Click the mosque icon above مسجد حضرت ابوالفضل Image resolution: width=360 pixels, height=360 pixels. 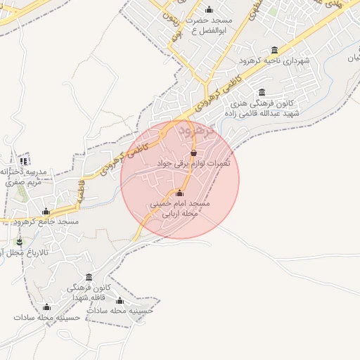(209, 10)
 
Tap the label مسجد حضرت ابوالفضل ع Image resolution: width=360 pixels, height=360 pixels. (209, 26)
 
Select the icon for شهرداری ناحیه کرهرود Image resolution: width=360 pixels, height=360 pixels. (274, 50)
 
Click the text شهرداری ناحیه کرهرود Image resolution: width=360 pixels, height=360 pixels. (274, 61)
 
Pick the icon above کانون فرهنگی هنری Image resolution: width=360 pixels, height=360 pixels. (262, 92)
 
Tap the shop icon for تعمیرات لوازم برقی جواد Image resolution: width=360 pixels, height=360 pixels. (194, 153)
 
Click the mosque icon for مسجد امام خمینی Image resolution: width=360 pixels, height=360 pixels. (179, 193)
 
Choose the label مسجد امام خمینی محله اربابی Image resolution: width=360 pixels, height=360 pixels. (179, 208)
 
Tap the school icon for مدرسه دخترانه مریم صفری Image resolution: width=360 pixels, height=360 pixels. (24, 162)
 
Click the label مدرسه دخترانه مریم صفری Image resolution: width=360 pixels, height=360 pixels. (22, 176)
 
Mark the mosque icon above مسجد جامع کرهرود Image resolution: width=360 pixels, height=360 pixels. (46, 212)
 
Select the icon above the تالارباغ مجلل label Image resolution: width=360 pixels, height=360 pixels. (19, 242)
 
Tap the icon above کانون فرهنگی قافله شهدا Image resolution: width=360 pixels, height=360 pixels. (88, 277)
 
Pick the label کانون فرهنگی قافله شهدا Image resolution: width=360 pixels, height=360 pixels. (87, 292)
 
